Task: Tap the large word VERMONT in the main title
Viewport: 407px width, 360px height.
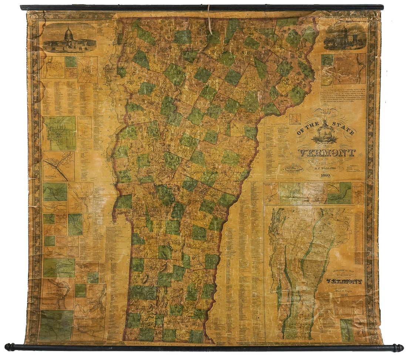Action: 326,152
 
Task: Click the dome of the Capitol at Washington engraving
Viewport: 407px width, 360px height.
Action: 68,34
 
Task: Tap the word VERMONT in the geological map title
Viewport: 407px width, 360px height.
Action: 344,281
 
